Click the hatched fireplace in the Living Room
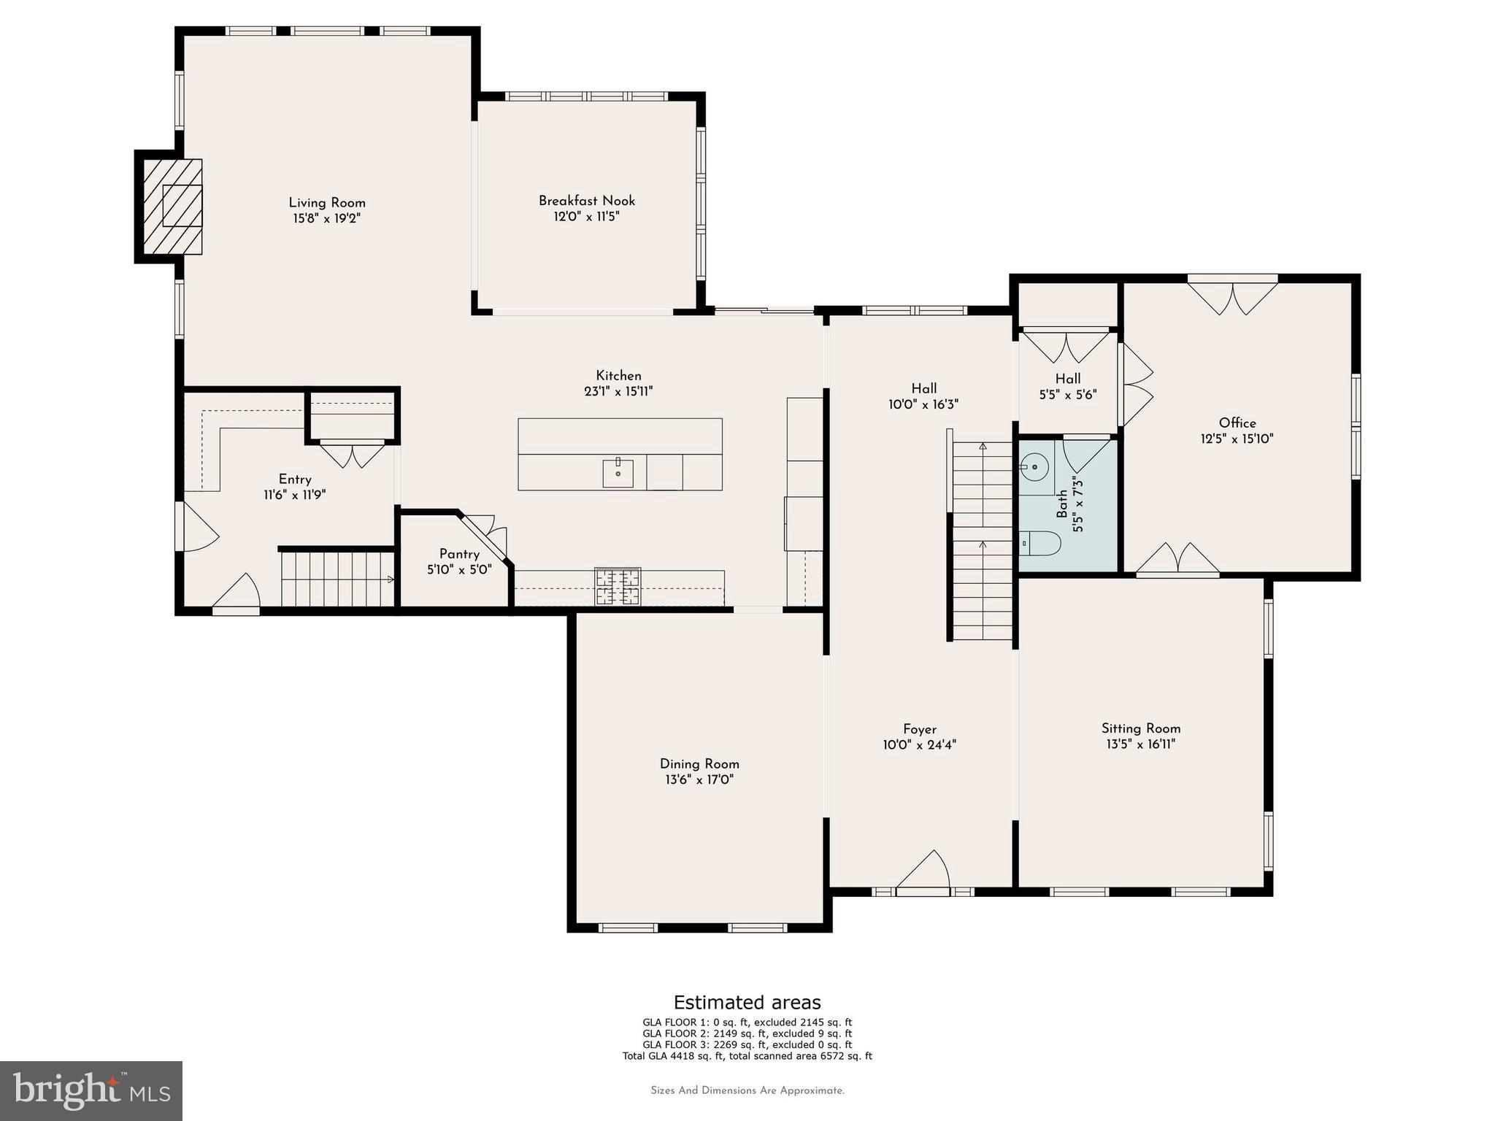click(172, 207)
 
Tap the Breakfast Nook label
click(587, 201)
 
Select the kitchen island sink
click(618, 473)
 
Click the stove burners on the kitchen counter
click(618, 586)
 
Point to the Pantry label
click(459, 554)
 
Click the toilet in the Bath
click(1039, 543)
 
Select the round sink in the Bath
click(1034, 466)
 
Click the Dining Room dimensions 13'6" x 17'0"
click(699, 779)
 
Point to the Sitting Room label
click(1140, 728)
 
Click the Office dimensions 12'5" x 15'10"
click(1237, 439)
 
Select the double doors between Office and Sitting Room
click(1177, 560)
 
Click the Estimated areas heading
click(747, 1002)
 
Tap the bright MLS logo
click(91, 1090)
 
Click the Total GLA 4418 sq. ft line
click(747, 1055)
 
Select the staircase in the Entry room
click(337, 579)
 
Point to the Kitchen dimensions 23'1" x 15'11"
click(618, 392)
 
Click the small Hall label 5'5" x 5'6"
click(1067, 395)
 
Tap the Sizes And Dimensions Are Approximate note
click(747, 1090)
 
